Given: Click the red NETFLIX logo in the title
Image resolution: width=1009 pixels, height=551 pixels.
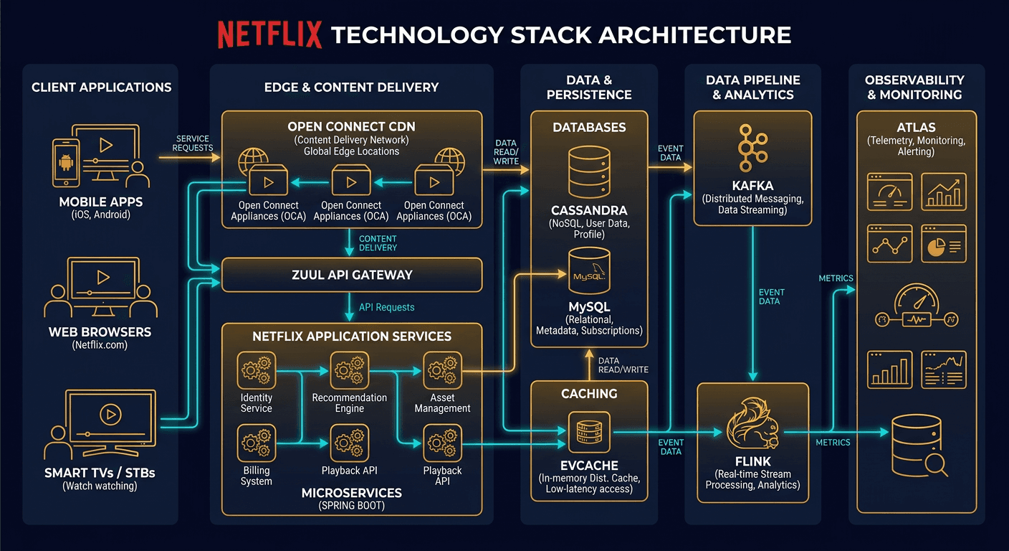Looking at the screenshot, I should (269, 34).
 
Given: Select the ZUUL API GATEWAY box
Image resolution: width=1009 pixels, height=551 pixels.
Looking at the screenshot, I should (351, 275).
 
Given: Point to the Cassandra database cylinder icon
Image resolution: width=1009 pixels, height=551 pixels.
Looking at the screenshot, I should (589, 172).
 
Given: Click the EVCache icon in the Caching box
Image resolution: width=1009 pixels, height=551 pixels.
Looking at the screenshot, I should (588, 432).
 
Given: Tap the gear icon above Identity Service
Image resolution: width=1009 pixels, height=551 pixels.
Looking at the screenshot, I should (257, 371).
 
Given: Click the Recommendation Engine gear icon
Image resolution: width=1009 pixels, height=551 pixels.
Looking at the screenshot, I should (349, 371).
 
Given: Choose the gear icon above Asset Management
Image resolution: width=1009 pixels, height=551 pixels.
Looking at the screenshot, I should (442, 371).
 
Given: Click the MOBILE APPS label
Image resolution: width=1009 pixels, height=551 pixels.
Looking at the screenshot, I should (102, 202).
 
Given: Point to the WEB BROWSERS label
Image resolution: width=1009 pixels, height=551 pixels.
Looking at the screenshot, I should (100, 332).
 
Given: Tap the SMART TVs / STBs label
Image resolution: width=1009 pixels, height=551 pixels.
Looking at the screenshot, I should (100, 473).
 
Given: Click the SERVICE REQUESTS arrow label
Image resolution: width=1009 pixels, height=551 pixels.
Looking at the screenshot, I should (193, 143).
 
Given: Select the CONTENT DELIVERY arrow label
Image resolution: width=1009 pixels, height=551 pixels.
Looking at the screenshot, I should (378, 242).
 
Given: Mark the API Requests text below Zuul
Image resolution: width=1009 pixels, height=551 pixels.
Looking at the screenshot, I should (386, 307).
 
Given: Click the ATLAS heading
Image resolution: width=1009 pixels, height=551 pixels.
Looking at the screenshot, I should (916, 128).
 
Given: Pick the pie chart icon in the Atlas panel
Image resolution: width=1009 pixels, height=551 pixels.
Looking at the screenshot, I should (943, 245).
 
